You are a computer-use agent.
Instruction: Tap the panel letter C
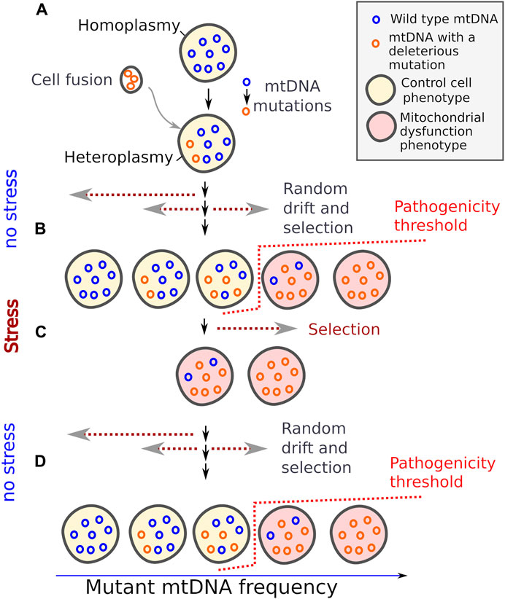(x=42, y=330)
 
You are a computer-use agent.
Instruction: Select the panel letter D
(x=42, y=461)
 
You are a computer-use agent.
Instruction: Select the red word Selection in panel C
(x=344, y=329)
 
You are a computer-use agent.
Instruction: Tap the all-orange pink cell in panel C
(x=278, y=380)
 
